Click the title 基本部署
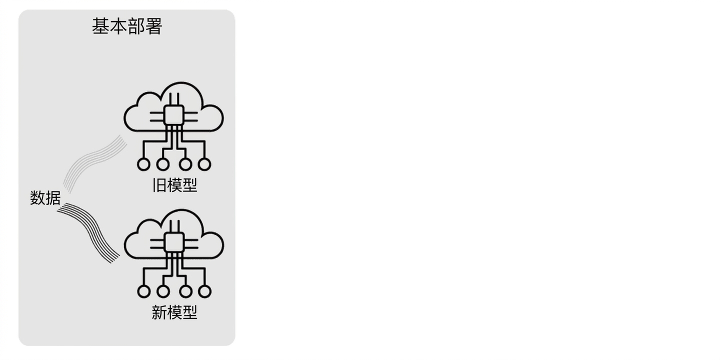pos(127,26)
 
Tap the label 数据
pos(45,197)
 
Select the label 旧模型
pos(174,185)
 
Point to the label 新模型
pos(174,313)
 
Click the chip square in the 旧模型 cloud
pos(174,115)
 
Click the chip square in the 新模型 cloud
pos(174,242)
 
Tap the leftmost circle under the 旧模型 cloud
pos(143,164)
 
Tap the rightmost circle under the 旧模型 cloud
pos(204,164)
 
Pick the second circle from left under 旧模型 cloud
pos(163,164)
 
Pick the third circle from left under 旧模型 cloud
pos(185,164)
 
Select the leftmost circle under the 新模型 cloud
pos(143,291)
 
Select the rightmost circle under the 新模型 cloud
pos(204,291)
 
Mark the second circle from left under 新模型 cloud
pos(163,291)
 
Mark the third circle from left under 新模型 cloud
pos(185,291)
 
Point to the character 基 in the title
pos(100,26)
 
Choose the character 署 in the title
pos(153,26)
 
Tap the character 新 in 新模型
pos(159,313)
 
